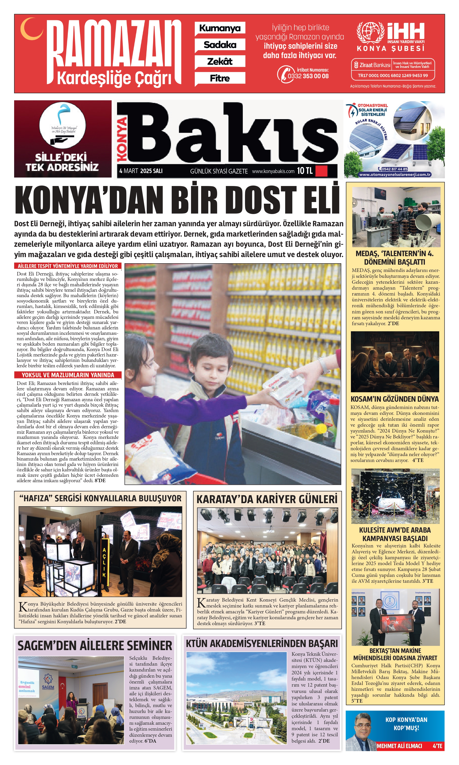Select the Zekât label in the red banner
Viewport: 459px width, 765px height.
point(220,61)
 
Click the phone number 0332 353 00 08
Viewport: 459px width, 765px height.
point(308,76)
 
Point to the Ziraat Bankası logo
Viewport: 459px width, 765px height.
point(372,65)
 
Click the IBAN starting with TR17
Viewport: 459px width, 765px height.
point(393,75)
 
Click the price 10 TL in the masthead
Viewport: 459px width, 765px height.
point(305,171)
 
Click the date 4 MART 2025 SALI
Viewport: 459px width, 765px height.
point(141,171)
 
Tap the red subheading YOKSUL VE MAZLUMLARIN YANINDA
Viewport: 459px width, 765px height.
point(68,375)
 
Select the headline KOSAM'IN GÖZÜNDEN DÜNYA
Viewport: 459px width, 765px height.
point(395,399)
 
